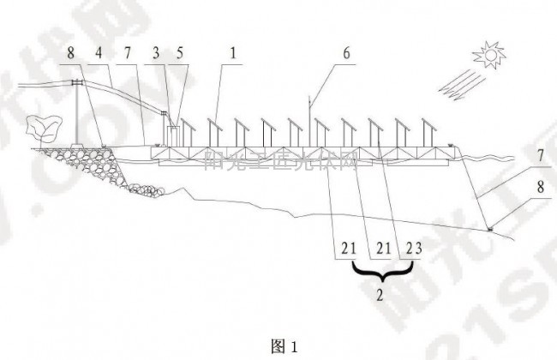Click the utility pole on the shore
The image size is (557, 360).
[x=77, y=111]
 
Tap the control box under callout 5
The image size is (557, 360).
[x=173, y=135]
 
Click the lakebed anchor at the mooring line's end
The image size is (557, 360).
[x=489, y=227]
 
